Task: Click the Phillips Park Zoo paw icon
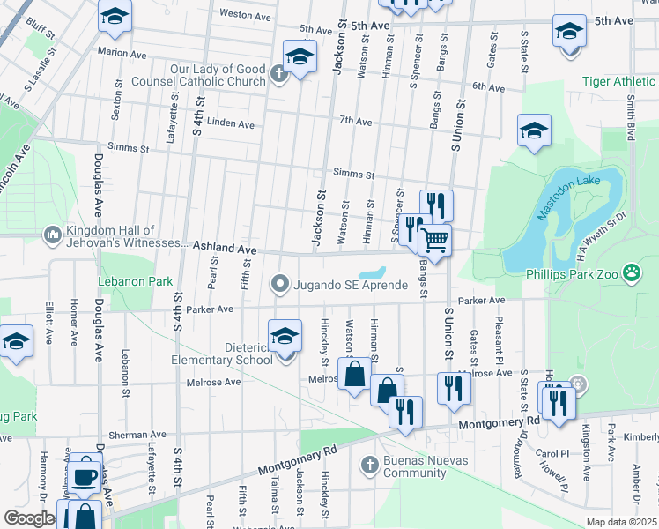632,272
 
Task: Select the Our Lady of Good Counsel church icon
278,74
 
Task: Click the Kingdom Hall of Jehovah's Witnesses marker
50,235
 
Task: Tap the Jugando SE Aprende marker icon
280,284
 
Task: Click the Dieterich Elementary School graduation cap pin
285,336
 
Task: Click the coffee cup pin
85,477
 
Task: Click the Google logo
29,518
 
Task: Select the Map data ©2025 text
621,522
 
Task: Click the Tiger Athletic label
619,82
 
